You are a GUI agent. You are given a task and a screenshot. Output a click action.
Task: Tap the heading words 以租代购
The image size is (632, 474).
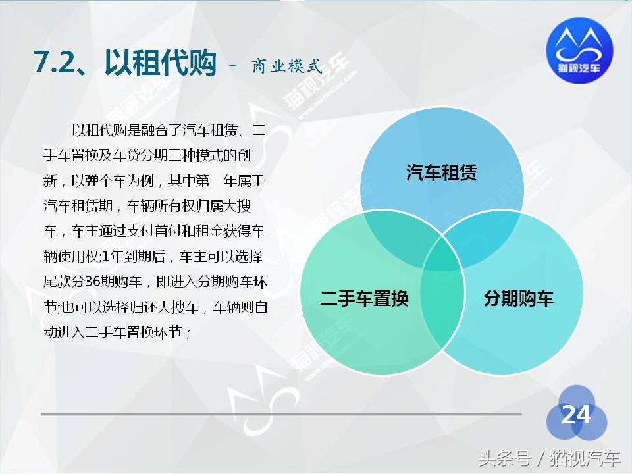click(160, 61)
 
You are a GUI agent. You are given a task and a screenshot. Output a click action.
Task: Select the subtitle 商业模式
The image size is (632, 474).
click(286, 66)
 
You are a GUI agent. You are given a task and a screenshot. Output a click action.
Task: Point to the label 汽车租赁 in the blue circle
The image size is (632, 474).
click(441, 173)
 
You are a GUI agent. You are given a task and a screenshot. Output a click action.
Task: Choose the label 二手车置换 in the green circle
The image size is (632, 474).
click(364, 298)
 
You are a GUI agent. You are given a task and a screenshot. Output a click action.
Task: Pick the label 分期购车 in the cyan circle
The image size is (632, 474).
click(518, 298)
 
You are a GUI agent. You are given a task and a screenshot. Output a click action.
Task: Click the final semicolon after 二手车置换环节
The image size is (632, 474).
click(189, 332)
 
